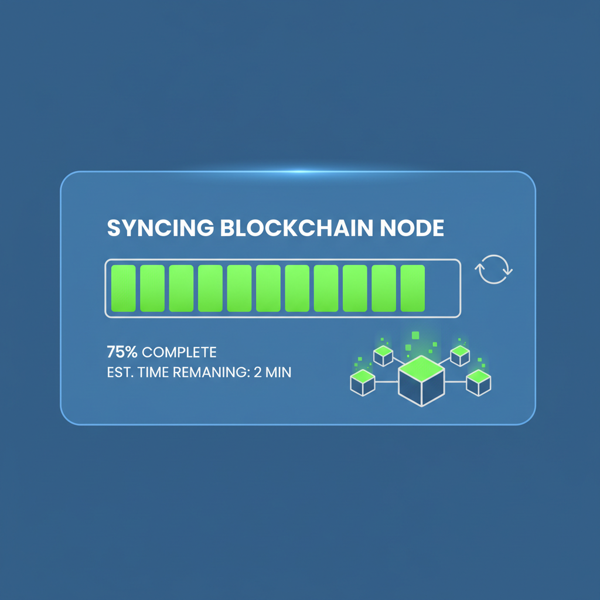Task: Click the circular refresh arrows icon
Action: [x=493, y=270]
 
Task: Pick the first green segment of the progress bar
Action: [x=123, y=288]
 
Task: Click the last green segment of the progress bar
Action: [x=412, y=288]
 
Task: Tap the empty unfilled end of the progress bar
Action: [x=442, y=288]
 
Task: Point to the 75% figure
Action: [x=122, y=352]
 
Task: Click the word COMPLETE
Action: [x=179, y=352]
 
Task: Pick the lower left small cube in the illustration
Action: [x=362, y=382]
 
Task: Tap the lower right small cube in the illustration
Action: [x=478, y=382]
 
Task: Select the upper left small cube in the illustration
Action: [x=383, y=355]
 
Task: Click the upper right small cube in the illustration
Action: [x=459, y=355]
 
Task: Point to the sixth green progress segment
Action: [x=268, y=288]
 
